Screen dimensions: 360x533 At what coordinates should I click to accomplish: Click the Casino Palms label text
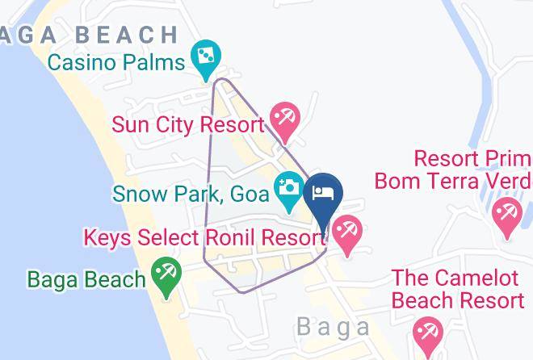pos(115,61)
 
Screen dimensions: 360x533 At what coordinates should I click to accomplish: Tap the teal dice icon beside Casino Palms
pos(205,57)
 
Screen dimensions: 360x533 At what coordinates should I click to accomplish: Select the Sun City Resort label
pos(188,125)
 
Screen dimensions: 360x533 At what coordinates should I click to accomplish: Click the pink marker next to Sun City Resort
pos(284,119)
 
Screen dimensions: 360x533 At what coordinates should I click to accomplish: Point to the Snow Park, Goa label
pos(191,194)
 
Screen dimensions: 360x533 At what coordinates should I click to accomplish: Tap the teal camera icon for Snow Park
pos(289,189)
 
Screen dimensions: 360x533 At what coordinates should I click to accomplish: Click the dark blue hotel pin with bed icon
pos(324,197)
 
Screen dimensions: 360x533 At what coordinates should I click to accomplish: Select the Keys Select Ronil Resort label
pos(204,239)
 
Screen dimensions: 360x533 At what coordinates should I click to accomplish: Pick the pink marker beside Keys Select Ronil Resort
pos(346,234)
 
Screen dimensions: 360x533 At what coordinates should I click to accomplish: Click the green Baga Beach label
pos(86,279)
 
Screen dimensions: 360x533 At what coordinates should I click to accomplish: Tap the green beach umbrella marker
pos(166,275)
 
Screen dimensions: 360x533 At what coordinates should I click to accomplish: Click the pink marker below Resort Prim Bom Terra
pos(507,216)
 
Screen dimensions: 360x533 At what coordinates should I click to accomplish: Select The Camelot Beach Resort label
pos(457,290)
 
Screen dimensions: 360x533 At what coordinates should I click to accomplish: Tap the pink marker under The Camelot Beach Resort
pos(425,333)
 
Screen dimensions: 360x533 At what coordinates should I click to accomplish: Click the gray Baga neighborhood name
pos(333,327)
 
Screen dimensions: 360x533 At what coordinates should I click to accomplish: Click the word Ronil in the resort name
pos(245,239)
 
